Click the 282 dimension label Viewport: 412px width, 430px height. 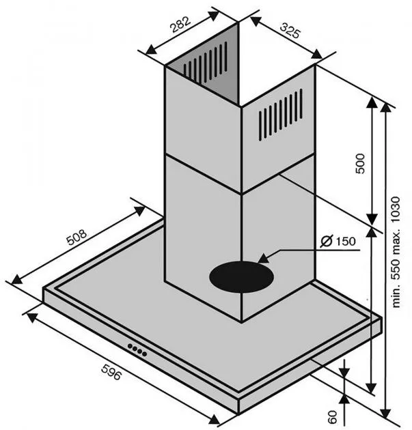click(x=180, y=25)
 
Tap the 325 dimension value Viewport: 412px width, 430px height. click(x=290, y=31)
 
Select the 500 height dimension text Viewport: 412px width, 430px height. click(x=360, y=163)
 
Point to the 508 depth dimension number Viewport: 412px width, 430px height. click(x=77, y=238)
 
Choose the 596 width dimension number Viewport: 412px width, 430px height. click(x=111, y=372)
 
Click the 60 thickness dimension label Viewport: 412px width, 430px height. click(x=332, y=417)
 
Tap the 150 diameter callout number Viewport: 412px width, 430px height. click(x=346, y=242)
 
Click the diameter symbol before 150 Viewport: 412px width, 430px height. click(x=327, y=242)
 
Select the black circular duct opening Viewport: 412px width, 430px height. click(x=242, y=277)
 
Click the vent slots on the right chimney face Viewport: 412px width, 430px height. click(x=281, y=115)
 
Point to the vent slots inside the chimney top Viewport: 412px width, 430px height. click(x=205, y=63)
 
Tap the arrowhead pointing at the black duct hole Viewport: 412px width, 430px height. click(x=264, y=259)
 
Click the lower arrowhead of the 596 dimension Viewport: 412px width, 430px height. click(x=214, y=419)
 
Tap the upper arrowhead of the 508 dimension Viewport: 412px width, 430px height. click(x=139, y=210)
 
